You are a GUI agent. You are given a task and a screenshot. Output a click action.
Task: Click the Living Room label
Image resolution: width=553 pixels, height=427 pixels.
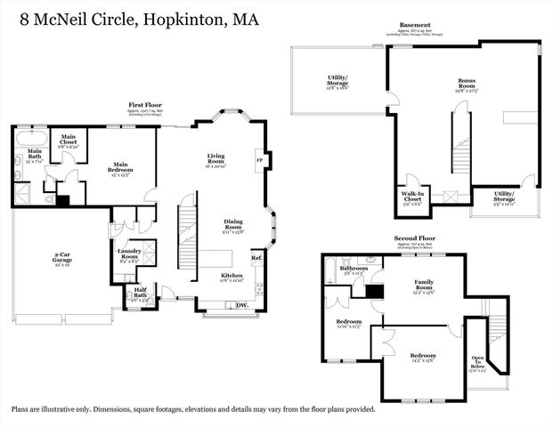coord(216,157)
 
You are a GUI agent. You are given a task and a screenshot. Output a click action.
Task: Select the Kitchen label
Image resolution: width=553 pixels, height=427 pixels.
coord(232,276)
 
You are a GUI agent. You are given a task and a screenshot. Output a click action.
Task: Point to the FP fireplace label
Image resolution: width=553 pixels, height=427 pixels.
coord(259,161)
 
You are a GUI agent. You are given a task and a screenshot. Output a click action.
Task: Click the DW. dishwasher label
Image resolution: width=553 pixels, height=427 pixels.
coord(242,304)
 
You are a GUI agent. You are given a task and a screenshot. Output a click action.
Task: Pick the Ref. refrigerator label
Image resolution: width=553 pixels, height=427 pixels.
coord(256,258)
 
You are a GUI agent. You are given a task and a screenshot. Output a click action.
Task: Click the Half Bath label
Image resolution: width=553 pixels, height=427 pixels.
coord(140,291)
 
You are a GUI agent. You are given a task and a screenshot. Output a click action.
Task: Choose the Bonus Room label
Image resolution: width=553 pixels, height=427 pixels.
coord(467,84)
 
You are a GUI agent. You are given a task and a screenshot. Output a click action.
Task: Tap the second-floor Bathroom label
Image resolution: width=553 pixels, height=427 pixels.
coord(354,268)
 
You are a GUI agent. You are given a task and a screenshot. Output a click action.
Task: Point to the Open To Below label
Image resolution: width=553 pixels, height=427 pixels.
coord(478,361)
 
